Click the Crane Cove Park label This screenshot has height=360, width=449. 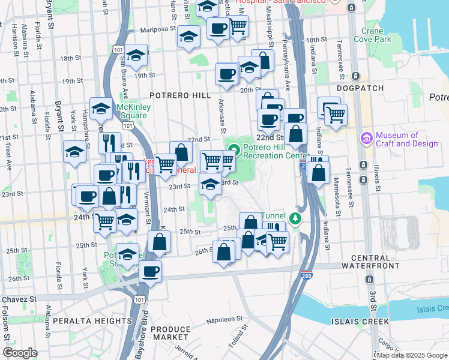376,35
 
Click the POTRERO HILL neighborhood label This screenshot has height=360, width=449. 180,95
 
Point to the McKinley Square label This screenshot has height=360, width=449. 132,111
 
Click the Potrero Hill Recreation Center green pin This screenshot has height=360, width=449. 234,151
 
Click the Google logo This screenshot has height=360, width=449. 20,353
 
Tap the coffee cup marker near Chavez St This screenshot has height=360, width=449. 150,271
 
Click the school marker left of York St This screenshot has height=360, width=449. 74,151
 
